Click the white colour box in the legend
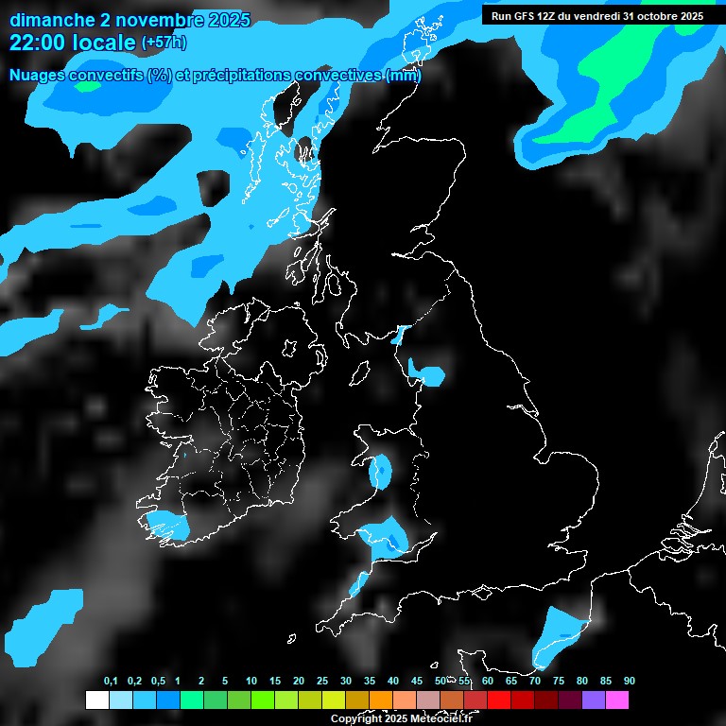[x=96, y=700]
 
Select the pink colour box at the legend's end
[x=617, y=700]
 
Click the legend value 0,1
[x=111, y=682]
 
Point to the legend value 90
[x=629, y=682]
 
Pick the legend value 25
[x=321, y=682]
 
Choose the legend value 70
[x=535, y=682]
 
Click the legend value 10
[x=251, y=682]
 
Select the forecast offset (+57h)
[x=164, y=43]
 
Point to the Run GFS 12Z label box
[x=596, y=15]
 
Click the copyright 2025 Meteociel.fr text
[x=401, y=718]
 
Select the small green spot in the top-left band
[x=88, y=86]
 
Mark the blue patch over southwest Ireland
[x=170, y=524]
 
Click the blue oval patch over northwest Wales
[x=381, y=471]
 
